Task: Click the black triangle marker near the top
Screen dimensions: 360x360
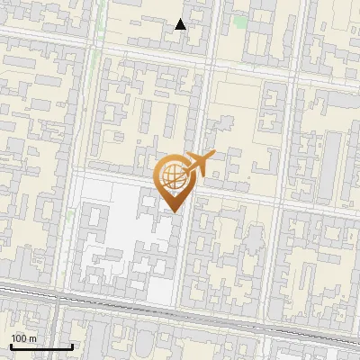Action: coord(181,24)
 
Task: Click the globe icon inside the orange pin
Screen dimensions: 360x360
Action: coord(171,175)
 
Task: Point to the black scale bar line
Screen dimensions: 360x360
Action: coord(41,346)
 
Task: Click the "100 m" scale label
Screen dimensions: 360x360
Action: coord(24,338)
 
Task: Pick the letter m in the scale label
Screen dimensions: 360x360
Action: coord(33,338)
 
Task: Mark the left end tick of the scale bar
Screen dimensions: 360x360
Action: coord(11,346)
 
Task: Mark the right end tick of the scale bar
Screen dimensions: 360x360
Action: coord(72,346)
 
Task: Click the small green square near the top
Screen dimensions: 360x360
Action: coord(240,21)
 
